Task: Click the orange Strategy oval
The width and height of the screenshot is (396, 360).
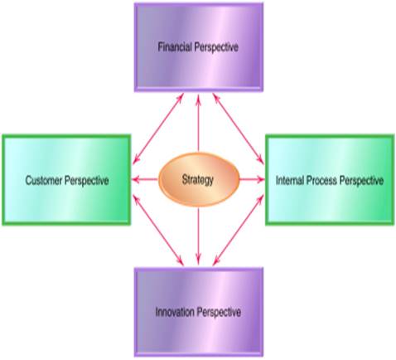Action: [199, 180]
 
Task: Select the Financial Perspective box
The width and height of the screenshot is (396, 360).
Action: [199, 47]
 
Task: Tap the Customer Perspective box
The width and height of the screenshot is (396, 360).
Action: [66, 180]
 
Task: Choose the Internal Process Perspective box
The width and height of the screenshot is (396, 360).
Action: [330, 180]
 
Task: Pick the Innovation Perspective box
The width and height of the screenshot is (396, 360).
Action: [199, 312]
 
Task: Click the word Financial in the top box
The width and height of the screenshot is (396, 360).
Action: [175, 46]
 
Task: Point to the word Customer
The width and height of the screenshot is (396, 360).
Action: [44, 180]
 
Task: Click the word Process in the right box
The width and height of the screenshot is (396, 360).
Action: [322, 180]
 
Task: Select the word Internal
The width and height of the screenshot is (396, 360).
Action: [290, 180]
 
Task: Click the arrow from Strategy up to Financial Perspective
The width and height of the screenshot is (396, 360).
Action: [198, 123]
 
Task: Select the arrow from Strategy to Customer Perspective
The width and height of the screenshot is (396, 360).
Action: [145, 180]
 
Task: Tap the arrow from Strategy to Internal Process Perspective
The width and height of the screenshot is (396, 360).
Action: [252, 180]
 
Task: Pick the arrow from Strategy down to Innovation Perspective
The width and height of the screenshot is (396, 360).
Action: [198, 236]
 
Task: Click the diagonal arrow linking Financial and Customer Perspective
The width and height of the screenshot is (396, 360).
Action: [158, 129]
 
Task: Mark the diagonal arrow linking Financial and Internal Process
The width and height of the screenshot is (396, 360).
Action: [239, 129]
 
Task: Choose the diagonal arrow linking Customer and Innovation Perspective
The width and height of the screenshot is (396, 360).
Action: [158, 230]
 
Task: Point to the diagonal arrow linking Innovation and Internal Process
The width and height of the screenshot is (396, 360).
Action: [239, 230]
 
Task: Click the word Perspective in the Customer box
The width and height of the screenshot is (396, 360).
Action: [86, 181]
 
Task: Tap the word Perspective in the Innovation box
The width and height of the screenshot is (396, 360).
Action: [219, 313]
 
